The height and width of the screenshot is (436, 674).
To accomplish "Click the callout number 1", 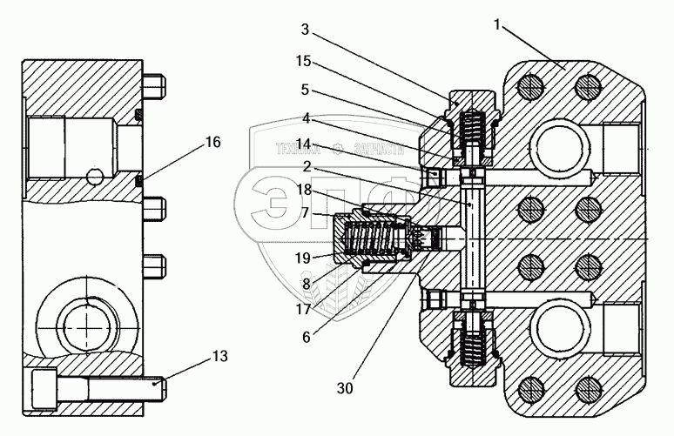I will coord(497,26).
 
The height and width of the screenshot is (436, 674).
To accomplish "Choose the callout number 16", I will coord(212,142).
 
